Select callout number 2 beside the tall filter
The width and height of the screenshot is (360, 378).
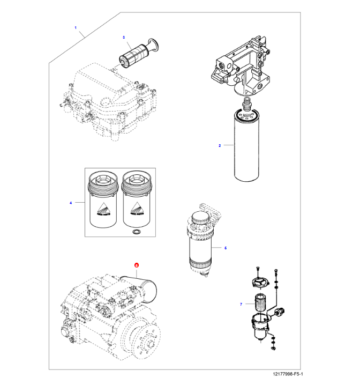[x=220, y=145]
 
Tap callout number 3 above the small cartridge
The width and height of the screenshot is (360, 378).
[x=124, y=38]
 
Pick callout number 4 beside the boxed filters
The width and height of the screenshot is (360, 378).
[x=71, y=203]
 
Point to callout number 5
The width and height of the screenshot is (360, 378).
[x=226, y=248]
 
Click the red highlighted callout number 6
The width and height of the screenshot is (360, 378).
[x=137, y=265]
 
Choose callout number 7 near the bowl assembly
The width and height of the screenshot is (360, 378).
[x=241, y=305]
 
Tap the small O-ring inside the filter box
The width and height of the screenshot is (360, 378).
[x=137, y=232]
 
